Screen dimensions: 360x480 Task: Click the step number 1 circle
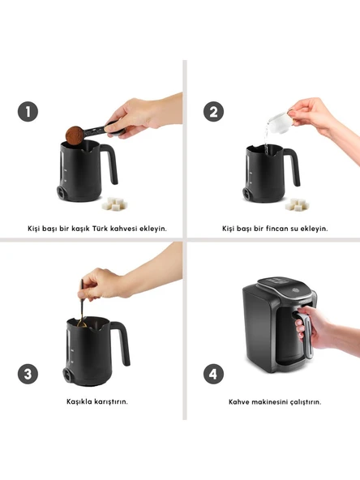[28, 111]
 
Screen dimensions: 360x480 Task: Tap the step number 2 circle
[214, 111]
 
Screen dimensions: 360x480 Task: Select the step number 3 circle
[28, 374]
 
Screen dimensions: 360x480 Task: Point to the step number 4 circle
[214, 374]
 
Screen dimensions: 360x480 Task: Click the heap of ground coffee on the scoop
[75, 134]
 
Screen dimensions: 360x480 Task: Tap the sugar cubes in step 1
[115, 204]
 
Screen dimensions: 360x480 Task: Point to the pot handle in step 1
[109, 163]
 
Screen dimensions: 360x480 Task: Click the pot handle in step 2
[292, 166]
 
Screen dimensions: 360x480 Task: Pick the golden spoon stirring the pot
[82, 304]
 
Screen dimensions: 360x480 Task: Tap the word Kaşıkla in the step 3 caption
[79, 401]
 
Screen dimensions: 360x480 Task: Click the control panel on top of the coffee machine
[282, 287]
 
